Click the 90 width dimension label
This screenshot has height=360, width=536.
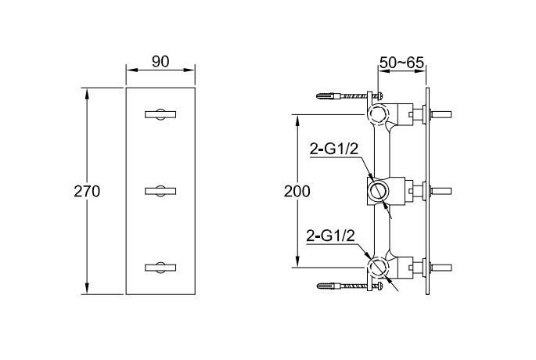pyautogui.click(x=160, y=62)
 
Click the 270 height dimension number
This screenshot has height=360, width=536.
pyautogui.click(x=87, y=192)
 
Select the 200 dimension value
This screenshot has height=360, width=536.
pyautogui.click(x=297, y=192)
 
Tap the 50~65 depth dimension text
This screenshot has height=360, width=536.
pyautogui.click(x=401, y=63)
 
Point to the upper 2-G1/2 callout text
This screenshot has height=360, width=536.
pyautogui.click(x=333, y=149)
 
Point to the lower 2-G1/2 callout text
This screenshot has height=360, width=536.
pyautogui.click(x=331, y=236)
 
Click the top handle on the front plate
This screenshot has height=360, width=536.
pyautogui.click(x=160, y=114)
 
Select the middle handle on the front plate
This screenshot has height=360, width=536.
pyautogui.click(x=160, y=191)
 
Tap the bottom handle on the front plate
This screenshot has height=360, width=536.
pyautogui.click(x=160, y=268)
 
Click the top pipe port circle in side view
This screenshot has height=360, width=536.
pyautogui.click(x=379, y=113)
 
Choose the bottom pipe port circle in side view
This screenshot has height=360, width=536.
pyautogui.click(x=379, y=267)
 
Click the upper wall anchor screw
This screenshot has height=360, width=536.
pyautogui.click(x=349, y=95)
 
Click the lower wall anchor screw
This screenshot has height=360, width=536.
pyautogui.click(x=349, y=286)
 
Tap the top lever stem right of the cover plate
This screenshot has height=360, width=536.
pyautogui.click(x=441, y=114)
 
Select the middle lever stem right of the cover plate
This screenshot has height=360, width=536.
pyautogui.click(x=441, y=191)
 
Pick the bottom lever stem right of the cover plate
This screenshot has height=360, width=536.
pyautogui.click(x=441, y=268)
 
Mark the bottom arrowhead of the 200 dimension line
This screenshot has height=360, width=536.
pyautogui.click(x=297, y=262)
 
